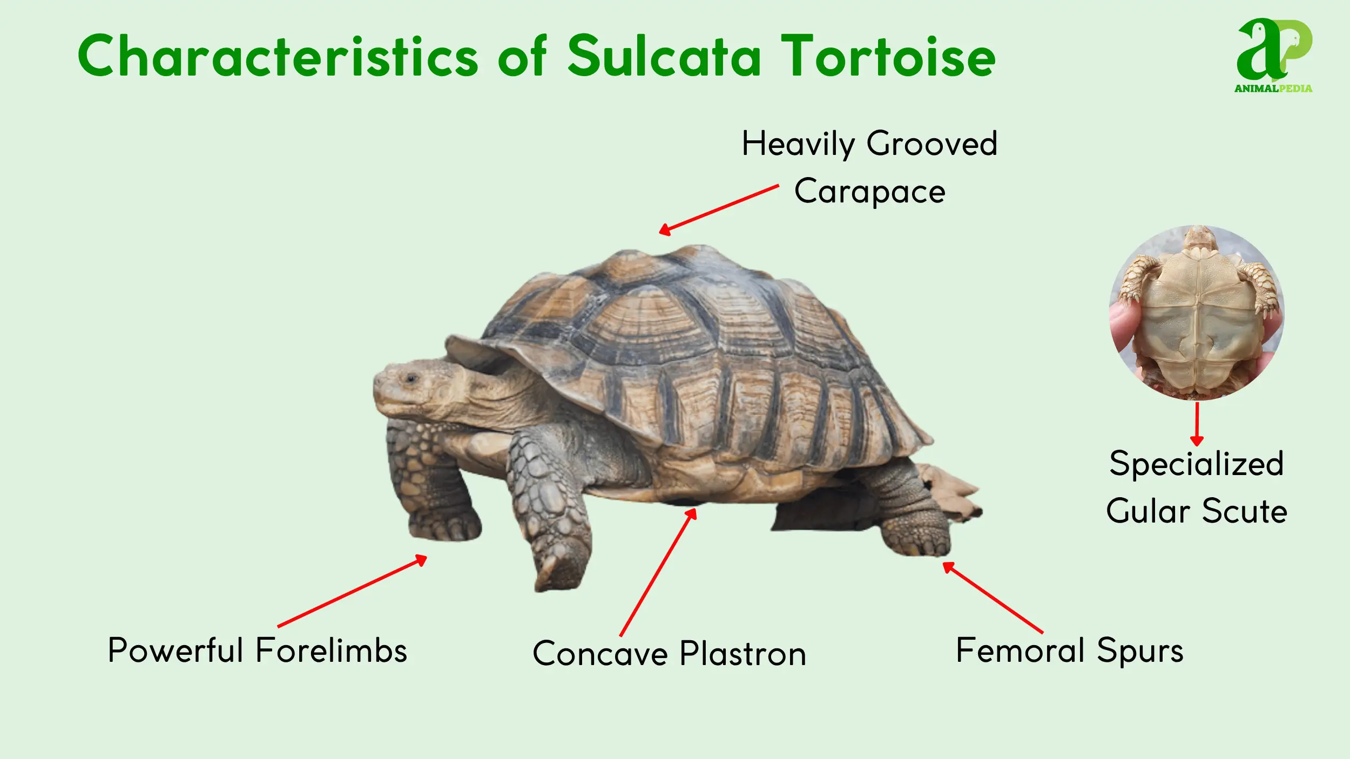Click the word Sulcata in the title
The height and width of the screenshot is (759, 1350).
pos(664,56)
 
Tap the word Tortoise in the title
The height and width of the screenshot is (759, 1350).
pos(888,56)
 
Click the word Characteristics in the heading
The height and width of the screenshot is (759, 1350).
pos(277,56)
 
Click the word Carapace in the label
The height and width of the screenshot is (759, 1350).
pos(869,192)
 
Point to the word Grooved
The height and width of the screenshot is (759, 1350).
pos(932,144)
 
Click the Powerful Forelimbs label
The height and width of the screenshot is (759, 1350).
pos(257,650)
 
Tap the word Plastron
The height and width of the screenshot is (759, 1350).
pos(742,654)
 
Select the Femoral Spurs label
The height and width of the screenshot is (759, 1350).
pos(1069,650)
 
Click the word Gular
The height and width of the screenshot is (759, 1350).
pos(1147,511)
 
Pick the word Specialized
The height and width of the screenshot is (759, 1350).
pos(1196,463)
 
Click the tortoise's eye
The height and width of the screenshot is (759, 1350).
pos(411,378)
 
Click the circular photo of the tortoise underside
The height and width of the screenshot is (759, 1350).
pos(1197,313)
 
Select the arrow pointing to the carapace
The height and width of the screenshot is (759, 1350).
pos(718,209)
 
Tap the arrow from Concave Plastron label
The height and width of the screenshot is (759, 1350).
pos(658,572)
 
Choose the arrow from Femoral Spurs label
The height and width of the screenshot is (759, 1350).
pos(993,597)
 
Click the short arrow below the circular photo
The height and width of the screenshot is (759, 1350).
pos(1197,424)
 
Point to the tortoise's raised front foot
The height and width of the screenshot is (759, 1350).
pos(559,567)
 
